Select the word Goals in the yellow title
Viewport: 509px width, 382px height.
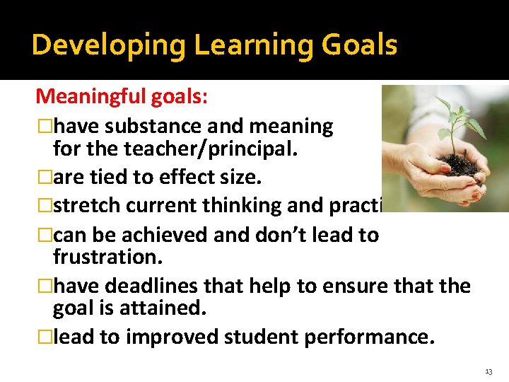point(359,45)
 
